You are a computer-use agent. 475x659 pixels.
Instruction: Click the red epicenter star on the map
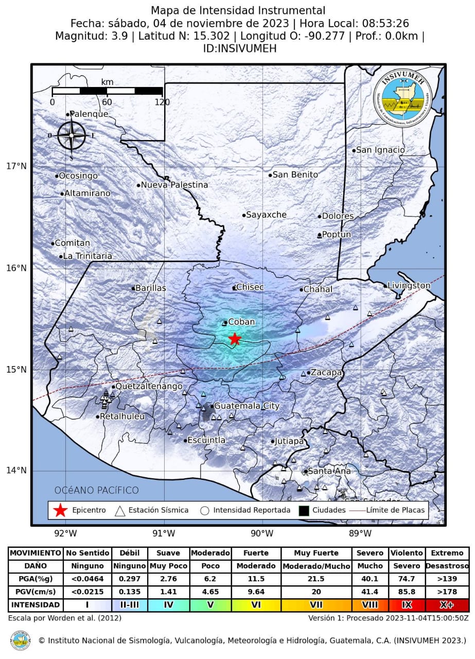coord(235,338)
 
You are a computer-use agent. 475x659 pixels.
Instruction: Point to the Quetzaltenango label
coord(142,386)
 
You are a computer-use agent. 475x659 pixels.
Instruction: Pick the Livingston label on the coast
coord(409,285)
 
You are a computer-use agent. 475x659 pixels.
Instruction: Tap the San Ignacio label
coord(380,150)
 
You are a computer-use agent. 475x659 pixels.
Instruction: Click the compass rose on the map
coord(71,135)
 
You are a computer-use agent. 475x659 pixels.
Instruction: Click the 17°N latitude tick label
coord(16,166)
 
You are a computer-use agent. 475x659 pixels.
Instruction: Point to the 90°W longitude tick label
coord(262,532)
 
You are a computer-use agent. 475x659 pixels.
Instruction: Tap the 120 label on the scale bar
coord(162,102)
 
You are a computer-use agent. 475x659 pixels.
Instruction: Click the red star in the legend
coord(60,510)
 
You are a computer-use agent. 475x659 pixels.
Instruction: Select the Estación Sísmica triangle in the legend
coord(120,510)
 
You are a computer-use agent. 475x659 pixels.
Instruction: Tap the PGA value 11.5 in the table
coord(256,579)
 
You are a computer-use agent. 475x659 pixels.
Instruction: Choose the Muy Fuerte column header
coord(316,553)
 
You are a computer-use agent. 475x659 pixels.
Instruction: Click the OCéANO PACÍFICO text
coord(96,490)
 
